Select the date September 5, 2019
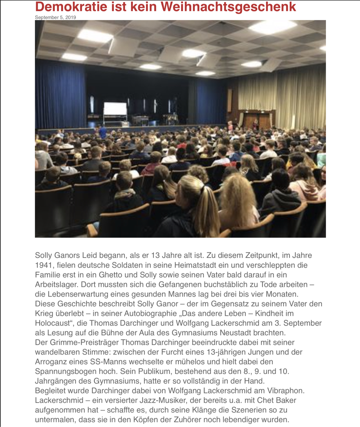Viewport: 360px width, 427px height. (x=55, y=17)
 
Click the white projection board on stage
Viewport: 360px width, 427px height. (x=115, y=109)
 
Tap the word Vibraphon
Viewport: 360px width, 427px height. (x=286, y=390)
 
